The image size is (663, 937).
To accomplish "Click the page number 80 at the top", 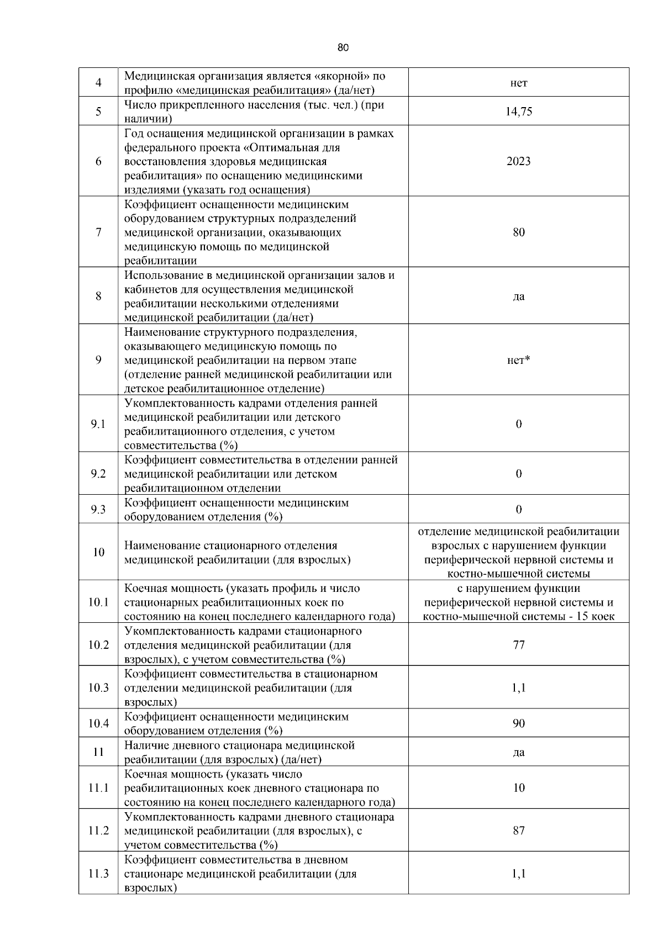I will pos(343,48).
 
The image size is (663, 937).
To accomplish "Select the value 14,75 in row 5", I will pos(518,112).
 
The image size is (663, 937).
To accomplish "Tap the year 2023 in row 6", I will pos(518,161).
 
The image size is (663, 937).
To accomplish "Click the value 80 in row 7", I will pos(518,232).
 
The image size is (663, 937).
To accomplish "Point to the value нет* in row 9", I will pos(518,361).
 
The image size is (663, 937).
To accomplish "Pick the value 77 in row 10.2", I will pos(518,645).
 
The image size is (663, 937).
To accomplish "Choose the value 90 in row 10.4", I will pos(518,723).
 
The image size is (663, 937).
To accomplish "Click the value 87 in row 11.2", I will pos(518,830).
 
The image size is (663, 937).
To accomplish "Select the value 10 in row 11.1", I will pos(518,788).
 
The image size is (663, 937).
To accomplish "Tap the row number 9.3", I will pos(98,510).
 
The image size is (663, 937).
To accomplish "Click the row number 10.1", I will pos(98,602).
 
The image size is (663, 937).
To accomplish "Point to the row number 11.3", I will pos(98,874).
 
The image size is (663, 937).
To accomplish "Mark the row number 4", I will pos(98,83).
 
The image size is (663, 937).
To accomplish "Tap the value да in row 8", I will pos(518,297).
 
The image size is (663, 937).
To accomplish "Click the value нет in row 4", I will pos(518,83).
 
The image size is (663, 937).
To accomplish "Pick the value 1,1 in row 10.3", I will pos(518,688).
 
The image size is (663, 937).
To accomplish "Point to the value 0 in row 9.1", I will pos(518,425).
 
